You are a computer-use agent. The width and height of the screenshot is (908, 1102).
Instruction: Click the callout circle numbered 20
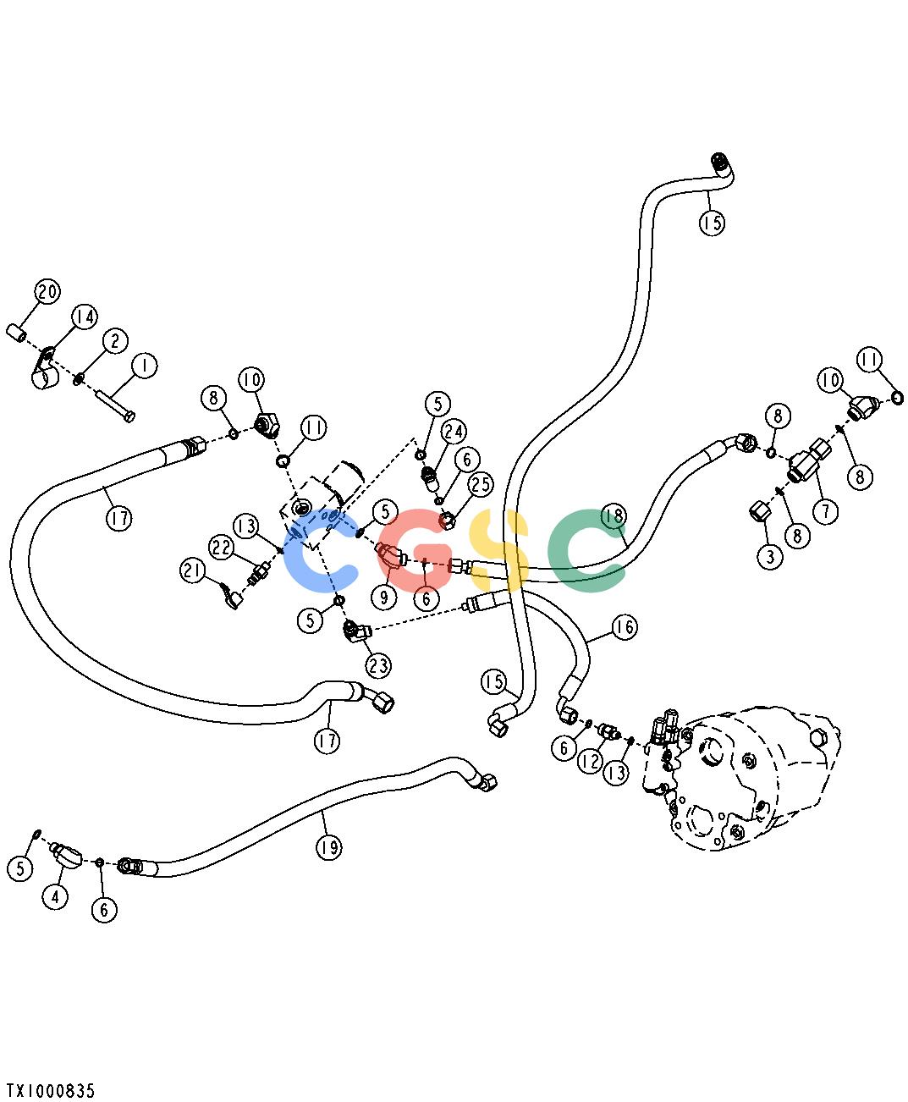pyautogui.click(x=47, y=291)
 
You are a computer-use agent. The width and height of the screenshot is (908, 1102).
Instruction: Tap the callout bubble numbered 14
pyautogui.click(x=85, y=317)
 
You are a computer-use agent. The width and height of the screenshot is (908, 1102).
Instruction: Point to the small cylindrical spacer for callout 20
pyautogui.click(x=16, y=333)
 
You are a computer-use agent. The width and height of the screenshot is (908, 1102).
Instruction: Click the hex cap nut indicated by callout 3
pyautogui.click(x=760, y=511)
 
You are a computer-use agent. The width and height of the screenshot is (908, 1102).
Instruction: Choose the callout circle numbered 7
pyautogui.click(x=826, y=511)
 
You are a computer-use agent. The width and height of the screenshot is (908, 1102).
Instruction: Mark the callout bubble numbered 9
pyautogui.click(x=383, y=598)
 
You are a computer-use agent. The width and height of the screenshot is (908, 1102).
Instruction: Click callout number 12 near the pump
pyautogui.click(x=590, y=761)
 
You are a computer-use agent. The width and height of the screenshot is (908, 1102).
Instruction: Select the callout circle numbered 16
pyautogui.click(x=625, y=627)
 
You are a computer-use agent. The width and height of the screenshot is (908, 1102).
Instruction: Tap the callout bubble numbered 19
pyautogui.click(x=328, y=848)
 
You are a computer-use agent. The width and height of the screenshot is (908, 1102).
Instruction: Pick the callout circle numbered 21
pyautogui.click(x=193, y=571)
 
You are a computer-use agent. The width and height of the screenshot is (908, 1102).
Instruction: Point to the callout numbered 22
pyautogui.click(x=222, y=548)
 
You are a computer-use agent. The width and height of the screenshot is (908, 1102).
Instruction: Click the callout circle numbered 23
pyautogui.click(x=378, y=665)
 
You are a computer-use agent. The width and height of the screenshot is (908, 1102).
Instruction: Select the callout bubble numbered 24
pyautogui.click(x=454, y=432)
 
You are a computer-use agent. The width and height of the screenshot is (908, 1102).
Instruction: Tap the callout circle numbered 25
pyautogui.click(x=480, y=484)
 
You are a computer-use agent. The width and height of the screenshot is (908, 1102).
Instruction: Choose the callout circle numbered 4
pyautogui.click(x=55, y=896)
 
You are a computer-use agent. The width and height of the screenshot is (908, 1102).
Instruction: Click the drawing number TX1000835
pyautogui.click(x=51, y=1090)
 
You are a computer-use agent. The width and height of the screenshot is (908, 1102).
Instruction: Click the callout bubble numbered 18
pyautogui.click(x=614, y=516)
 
